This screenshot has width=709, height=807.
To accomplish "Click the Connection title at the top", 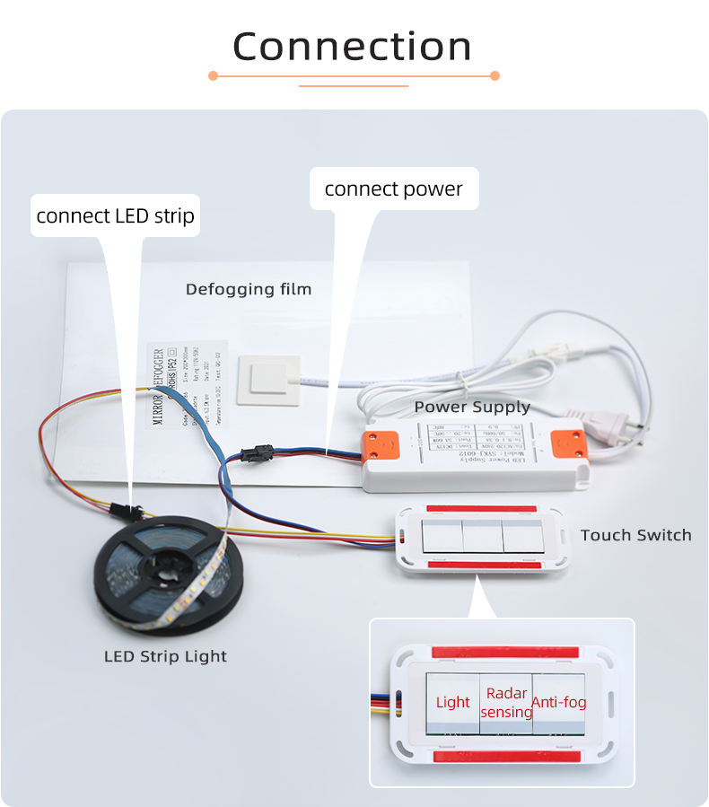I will point(353,47).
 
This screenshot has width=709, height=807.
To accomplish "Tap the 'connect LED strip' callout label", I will point(115,215).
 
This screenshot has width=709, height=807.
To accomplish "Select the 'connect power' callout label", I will point(393,189).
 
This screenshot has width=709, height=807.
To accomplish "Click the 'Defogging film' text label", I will point(249,289).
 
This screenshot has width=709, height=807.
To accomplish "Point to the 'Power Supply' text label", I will point(472,407).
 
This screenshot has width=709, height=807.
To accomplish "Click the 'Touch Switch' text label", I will point(635,535).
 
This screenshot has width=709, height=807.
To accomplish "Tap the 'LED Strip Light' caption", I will point(165,656).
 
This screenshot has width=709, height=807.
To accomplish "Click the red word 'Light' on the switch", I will point(452,702).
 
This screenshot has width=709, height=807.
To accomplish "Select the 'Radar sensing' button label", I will point(506,702).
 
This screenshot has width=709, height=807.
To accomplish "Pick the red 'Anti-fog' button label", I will point(559,702).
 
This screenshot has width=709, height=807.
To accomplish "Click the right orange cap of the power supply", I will point(567,444).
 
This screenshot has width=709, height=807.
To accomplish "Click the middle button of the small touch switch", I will point(482,538).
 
